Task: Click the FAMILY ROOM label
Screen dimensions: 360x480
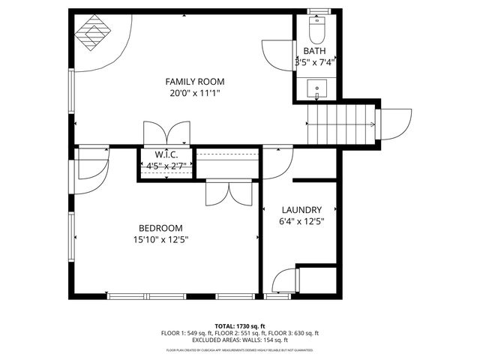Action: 195,82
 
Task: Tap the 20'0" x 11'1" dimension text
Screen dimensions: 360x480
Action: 195,94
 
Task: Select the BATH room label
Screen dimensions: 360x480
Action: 314,51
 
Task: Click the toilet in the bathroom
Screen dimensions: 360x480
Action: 316,32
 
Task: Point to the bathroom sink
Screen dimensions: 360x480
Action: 317,89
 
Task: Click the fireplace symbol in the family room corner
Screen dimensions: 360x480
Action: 94,32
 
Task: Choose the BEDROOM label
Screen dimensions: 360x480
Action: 160,228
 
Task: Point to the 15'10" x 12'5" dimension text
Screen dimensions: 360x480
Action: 160,240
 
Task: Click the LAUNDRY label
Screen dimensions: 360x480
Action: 301,210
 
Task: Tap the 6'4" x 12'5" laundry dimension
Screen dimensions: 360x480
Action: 301,221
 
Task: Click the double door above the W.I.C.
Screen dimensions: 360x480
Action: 166,132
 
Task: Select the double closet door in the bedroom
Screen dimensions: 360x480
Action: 229,192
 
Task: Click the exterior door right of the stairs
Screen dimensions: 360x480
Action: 394,121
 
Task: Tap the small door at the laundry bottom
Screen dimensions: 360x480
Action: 283,282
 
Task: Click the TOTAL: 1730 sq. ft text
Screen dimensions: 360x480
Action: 239,325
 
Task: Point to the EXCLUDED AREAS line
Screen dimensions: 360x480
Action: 239,340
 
